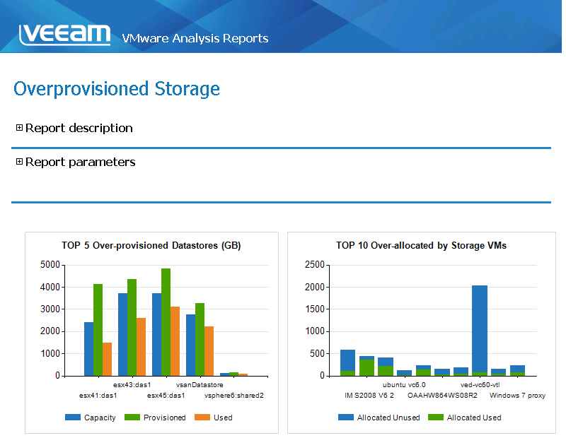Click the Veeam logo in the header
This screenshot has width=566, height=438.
pos(64,35)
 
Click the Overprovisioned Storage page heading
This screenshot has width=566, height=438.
pos(117,89)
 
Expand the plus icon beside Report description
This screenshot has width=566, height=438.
pos(19,128)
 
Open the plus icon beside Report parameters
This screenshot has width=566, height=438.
pos(19,162)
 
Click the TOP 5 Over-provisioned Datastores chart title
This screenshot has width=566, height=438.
pos(151,246)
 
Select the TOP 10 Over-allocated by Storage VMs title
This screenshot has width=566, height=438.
pos(421,246)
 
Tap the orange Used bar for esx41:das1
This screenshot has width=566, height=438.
pos(107,359)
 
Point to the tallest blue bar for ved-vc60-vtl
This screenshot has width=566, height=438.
pos(480,328)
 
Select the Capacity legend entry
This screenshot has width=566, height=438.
pos(91,418)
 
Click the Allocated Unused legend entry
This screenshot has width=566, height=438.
pos(380,418)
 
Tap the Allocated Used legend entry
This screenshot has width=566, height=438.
pos(466,418)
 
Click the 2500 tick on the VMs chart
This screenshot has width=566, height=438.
pos(314,265)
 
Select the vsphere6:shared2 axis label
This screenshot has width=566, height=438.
pos(234,396)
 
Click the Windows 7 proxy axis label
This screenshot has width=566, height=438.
pos(517,396)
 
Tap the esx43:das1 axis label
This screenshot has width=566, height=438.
pos(132,385)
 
